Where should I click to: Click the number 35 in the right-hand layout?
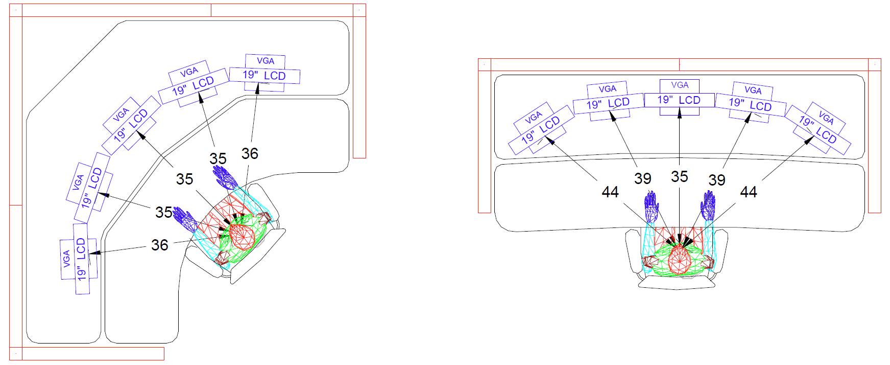679,176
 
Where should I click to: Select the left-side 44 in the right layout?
610,192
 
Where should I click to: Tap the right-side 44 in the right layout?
748,192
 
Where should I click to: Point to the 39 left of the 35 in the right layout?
642,178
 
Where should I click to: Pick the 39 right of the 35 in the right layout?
716,180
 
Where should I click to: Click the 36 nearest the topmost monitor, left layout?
250,153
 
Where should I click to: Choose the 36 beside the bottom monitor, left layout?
159,245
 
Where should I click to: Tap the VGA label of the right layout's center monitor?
680,85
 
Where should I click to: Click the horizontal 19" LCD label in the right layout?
679,100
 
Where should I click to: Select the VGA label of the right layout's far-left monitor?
533,117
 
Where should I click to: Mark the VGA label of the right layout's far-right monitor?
826,118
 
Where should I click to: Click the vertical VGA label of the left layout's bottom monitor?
66,259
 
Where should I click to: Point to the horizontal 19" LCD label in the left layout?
264,76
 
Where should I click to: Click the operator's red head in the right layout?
679,259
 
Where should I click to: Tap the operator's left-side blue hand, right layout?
651,207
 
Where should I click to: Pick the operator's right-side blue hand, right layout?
708,206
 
